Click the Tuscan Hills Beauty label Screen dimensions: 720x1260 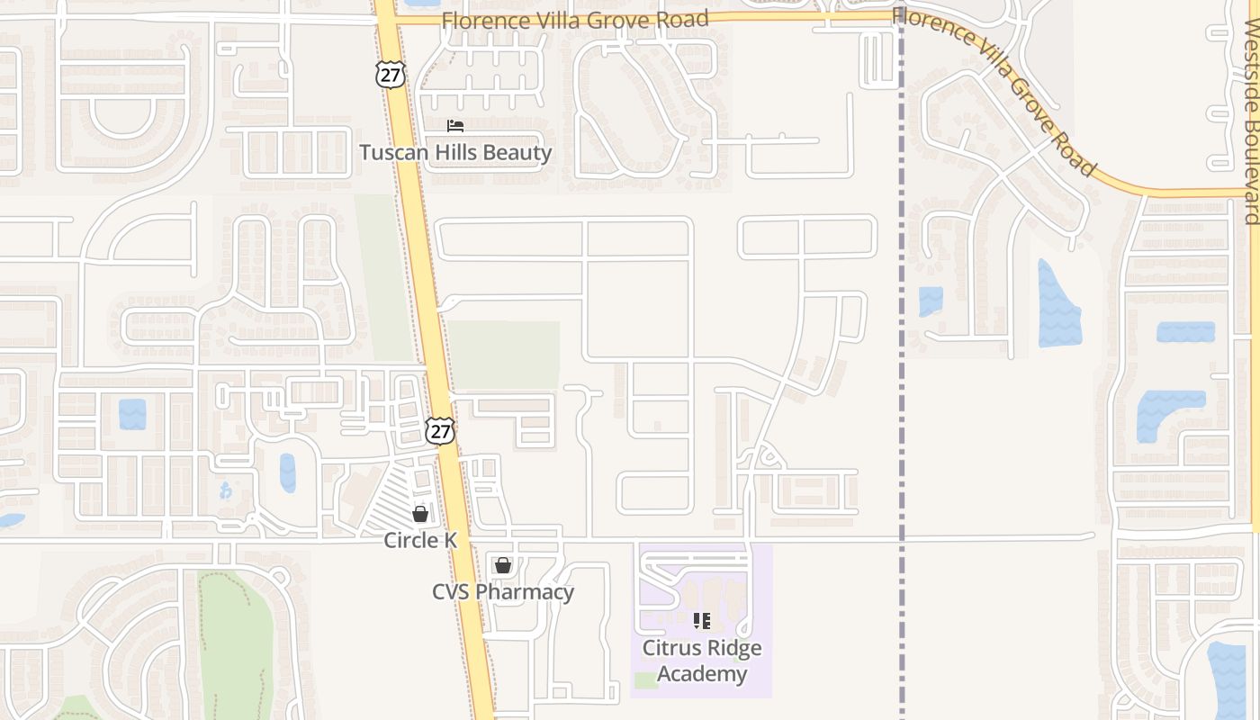[x=455, y=152]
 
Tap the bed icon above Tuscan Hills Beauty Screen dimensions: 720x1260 [x=455, y=126]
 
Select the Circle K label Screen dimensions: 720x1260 [x=420, y=540]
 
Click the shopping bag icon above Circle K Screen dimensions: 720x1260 [x=420, y=514]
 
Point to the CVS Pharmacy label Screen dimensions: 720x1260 [x=503, y=592]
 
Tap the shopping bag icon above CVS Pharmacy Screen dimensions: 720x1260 [x=503, y=565]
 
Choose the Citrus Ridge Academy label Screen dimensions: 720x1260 [x=702, y=661]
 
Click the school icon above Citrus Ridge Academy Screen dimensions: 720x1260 [x=702, y=621]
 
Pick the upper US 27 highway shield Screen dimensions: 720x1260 [x=391, y=75]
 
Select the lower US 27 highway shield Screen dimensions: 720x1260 [x=440, y=431]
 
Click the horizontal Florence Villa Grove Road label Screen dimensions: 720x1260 [x=575, y=20]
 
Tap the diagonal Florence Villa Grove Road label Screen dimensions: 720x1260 [x=994, y=90]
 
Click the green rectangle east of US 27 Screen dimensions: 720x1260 [x=504, y=355]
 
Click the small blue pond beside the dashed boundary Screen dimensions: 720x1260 [x=931, y=301]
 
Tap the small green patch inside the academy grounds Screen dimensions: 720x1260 [x=645, y=680]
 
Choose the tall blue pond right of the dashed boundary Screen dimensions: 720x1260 [x=1057, y=306]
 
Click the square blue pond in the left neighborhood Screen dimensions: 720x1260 [x=132, y=414]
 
